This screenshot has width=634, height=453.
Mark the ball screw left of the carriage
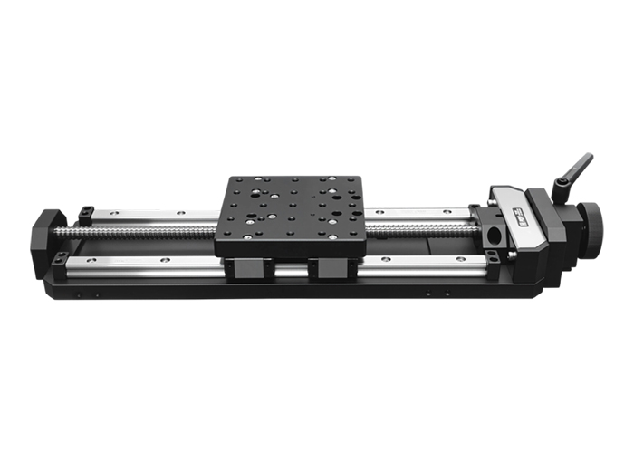136,232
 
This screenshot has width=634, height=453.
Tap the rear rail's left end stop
85,216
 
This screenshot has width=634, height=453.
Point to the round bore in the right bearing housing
492,234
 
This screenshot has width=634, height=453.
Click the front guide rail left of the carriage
136,265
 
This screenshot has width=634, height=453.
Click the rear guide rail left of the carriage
154,217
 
